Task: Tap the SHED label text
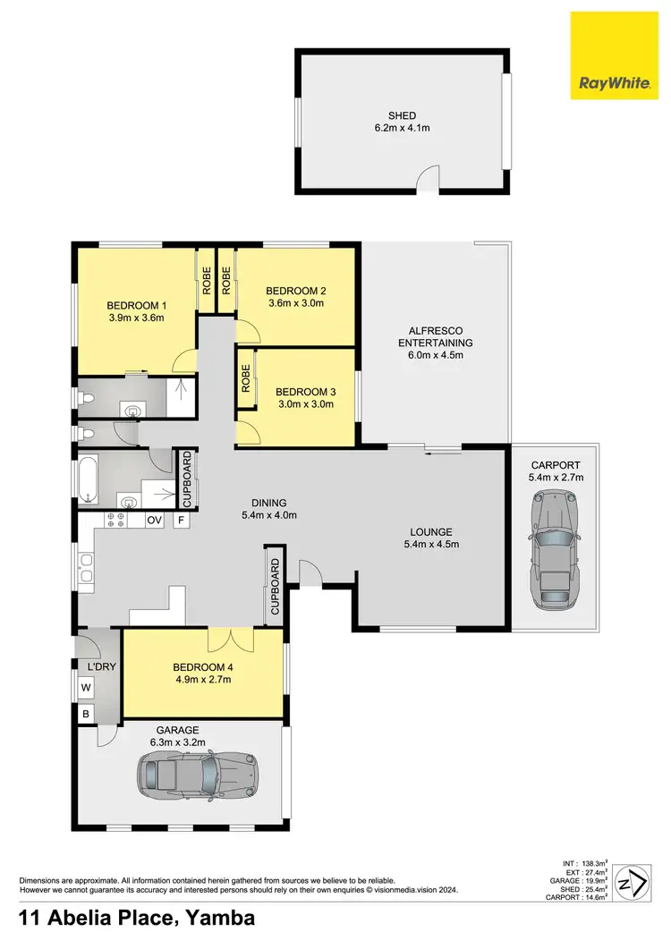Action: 402,114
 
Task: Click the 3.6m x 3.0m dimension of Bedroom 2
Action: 295,303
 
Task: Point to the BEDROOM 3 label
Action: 304,391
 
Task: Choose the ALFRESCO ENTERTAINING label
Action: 435,336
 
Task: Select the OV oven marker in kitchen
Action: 154,520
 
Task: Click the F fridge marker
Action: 181,520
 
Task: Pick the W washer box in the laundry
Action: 86,689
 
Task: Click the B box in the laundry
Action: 86,714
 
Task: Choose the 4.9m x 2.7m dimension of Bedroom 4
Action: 202,680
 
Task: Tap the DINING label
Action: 269,503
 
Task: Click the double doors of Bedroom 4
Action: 231,640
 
